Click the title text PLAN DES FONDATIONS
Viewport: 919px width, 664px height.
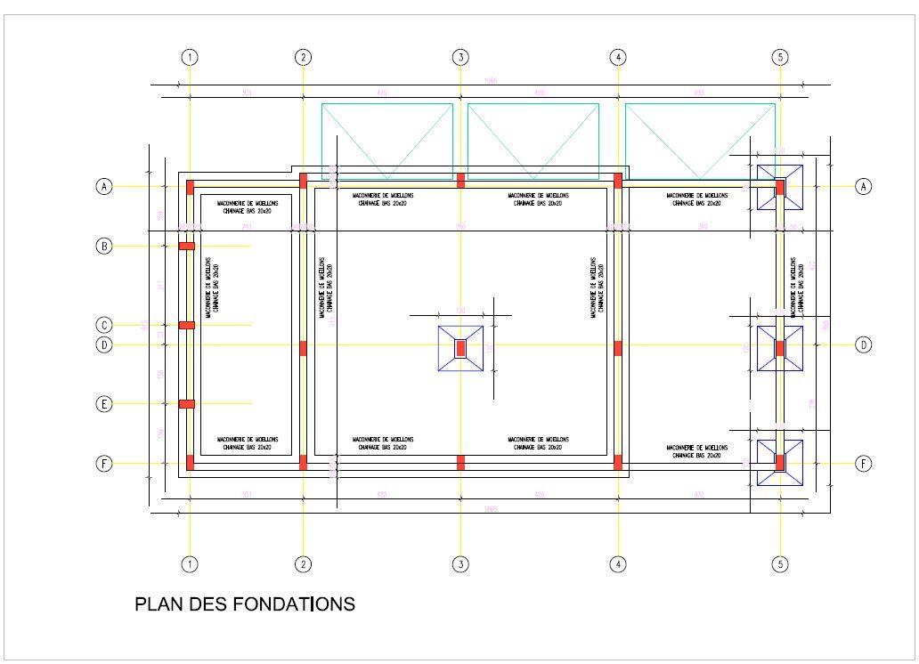coord(244,604)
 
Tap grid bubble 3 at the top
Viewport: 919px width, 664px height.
coord(460,58)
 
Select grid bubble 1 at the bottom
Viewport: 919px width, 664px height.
coord(189,564)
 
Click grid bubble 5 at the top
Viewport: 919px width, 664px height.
coord(780,58)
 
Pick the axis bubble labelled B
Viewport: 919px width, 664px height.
coord(104,246)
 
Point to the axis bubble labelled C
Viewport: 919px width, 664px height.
coord(104,325)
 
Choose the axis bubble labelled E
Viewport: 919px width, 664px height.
coord(104,404)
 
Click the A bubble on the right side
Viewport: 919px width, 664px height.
coord(863,186)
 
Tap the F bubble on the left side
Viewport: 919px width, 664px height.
coord(104,464)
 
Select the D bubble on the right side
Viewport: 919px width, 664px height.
coord(863,344)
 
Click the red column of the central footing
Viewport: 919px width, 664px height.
coord(460,348)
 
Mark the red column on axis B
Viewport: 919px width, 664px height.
coord(187,246)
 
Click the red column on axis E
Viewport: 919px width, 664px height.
coord(187,404)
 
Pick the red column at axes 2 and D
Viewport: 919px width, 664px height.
coord(303,348)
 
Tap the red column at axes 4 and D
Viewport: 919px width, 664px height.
coord(617,348)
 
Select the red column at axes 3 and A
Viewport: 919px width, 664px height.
coord(460,181)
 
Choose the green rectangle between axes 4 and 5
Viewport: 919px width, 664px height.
coord(700,141)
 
